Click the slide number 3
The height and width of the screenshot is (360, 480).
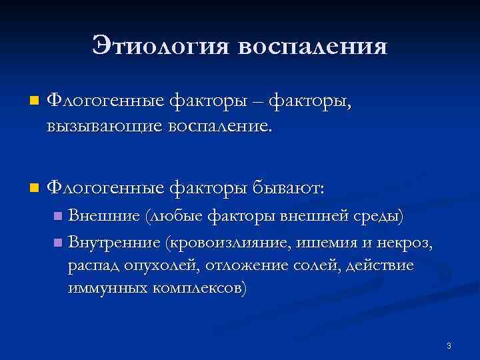click(x=449, y=346)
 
